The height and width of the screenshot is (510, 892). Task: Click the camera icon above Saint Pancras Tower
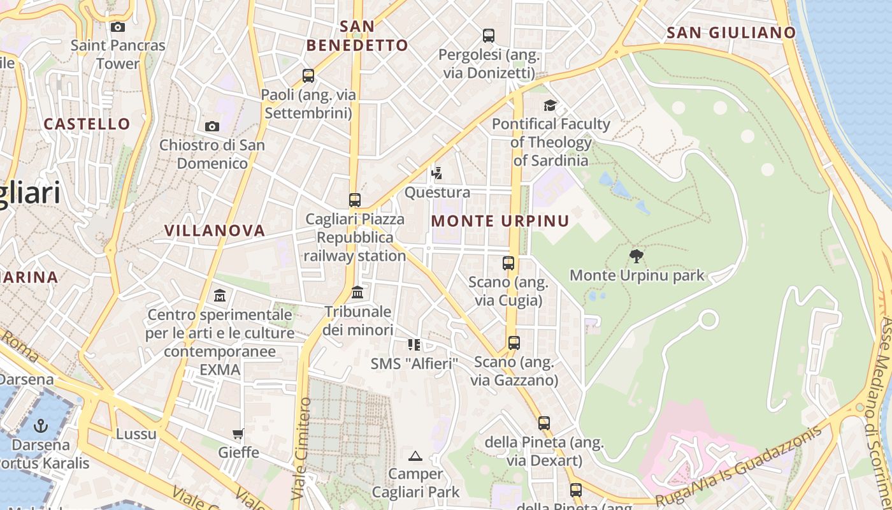click(118, 27)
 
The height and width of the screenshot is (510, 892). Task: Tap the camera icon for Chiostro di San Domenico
click(212, 126)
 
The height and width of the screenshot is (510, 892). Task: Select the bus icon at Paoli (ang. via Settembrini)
click(308, 76)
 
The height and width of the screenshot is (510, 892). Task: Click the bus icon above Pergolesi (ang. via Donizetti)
click(489, 36)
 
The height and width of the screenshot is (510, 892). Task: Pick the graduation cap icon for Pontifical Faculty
click(550, 105)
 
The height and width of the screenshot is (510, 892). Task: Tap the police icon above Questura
click(436, 173)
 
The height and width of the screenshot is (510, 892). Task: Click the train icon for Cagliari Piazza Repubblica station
click(355, 200)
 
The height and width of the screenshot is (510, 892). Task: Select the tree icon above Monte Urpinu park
click(636, 256)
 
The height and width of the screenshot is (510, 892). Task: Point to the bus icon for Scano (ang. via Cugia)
click(508, 263)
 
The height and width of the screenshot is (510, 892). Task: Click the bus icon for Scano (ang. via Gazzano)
click(514, 343)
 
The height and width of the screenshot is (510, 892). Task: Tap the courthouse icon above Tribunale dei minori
click(357, 293)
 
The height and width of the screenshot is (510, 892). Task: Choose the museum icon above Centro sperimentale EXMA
click(220, 296)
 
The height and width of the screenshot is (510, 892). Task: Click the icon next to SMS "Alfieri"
click(414, 345)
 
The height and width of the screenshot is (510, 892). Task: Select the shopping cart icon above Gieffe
click(238, 434)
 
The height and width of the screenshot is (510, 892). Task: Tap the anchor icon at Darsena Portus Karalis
click(41, 425)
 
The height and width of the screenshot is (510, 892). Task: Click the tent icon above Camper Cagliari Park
click(415, 455)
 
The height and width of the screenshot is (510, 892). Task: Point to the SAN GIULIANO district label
click(731, 33)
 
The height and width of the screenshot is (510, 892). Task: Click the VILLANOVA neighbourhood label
click(215, 231)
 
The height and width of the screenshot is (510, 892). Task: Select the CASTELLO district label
click(87, 124)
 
